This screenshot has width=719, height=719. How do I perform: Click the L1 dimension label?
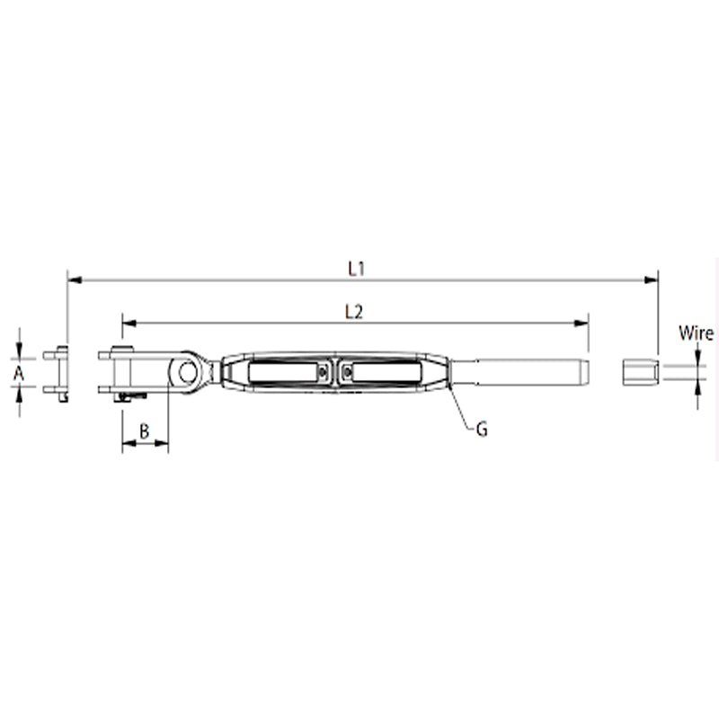tap(356, 268)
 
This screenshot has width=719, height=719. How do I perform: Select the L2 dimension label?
tap(353, 312)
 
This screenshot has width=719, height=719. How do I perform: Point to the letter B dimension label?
tap(145, 431)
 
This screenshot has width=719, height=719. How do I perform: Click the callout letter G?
tap(482, 430)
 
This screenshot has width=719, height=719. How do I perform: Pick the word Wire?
tap(696, 334)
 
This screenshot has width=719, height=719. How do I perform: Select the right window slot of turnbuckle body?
tap(387, 372)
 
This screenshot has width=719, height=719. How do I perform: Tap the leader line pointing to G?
tap(462, 408)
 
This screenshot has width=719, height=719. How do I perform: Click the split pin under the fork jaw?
tap(131, 396)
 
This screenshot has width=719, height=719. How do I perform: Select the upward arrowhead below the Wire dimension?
tap(699, 387)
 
